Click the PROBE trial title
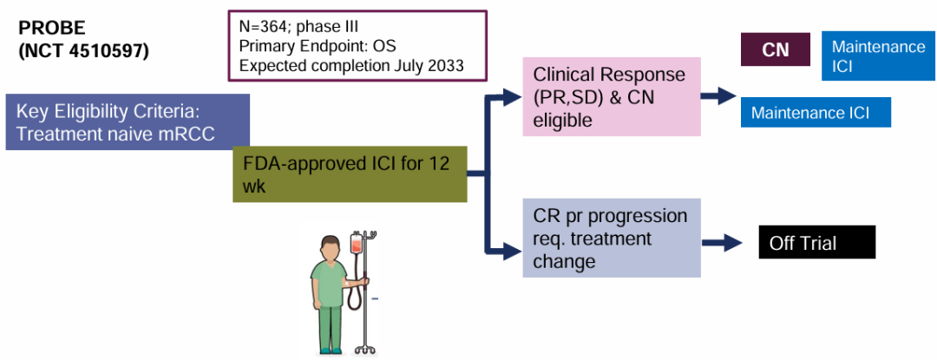click(52, 29)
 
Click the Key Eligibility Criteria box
click(128, 121)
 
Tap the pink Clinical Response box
click(612, 97)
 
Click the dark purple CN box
click(775, 49)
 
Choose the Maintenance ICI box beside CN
click(878, 56)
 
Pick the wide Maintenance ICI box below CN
click(816, 113)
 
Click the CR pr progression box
click(612, 237)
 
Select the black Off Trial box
click(816, 243)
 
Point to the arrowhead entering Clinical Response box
click(513, 97)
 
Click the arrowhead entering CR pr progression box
click(513, 253)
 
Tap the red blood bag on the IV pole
click(357, 246)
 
